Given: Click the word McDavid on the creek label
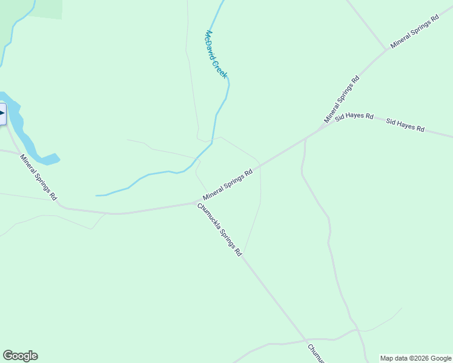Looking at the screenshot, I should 212,44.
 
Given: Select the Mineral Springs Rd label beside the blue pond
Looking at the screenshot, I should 38,177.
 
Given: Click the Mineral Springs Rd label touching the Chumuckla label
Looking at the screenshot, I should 228,185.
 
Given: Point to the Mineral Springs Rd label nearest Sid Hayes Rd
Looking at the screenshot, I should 342,99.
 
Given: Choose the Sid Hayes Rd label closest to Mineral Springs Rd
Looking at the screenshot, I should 355,116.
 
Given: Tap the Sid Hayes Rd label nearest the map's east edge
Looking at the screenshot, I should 405,125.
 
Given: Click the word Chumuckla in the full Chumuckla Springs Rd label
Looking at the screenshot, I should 208,217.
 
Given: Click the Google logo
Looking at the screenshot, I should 20,356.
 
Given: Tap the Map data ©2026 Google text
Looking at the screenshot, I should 416,358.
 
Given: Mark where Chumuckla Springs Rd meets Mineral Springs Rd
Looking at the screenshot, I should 196,203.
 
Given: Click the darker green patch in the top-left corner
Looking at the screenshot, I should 45,8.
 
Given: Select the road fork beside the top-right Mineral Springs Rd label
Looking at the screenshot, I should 386,50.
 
